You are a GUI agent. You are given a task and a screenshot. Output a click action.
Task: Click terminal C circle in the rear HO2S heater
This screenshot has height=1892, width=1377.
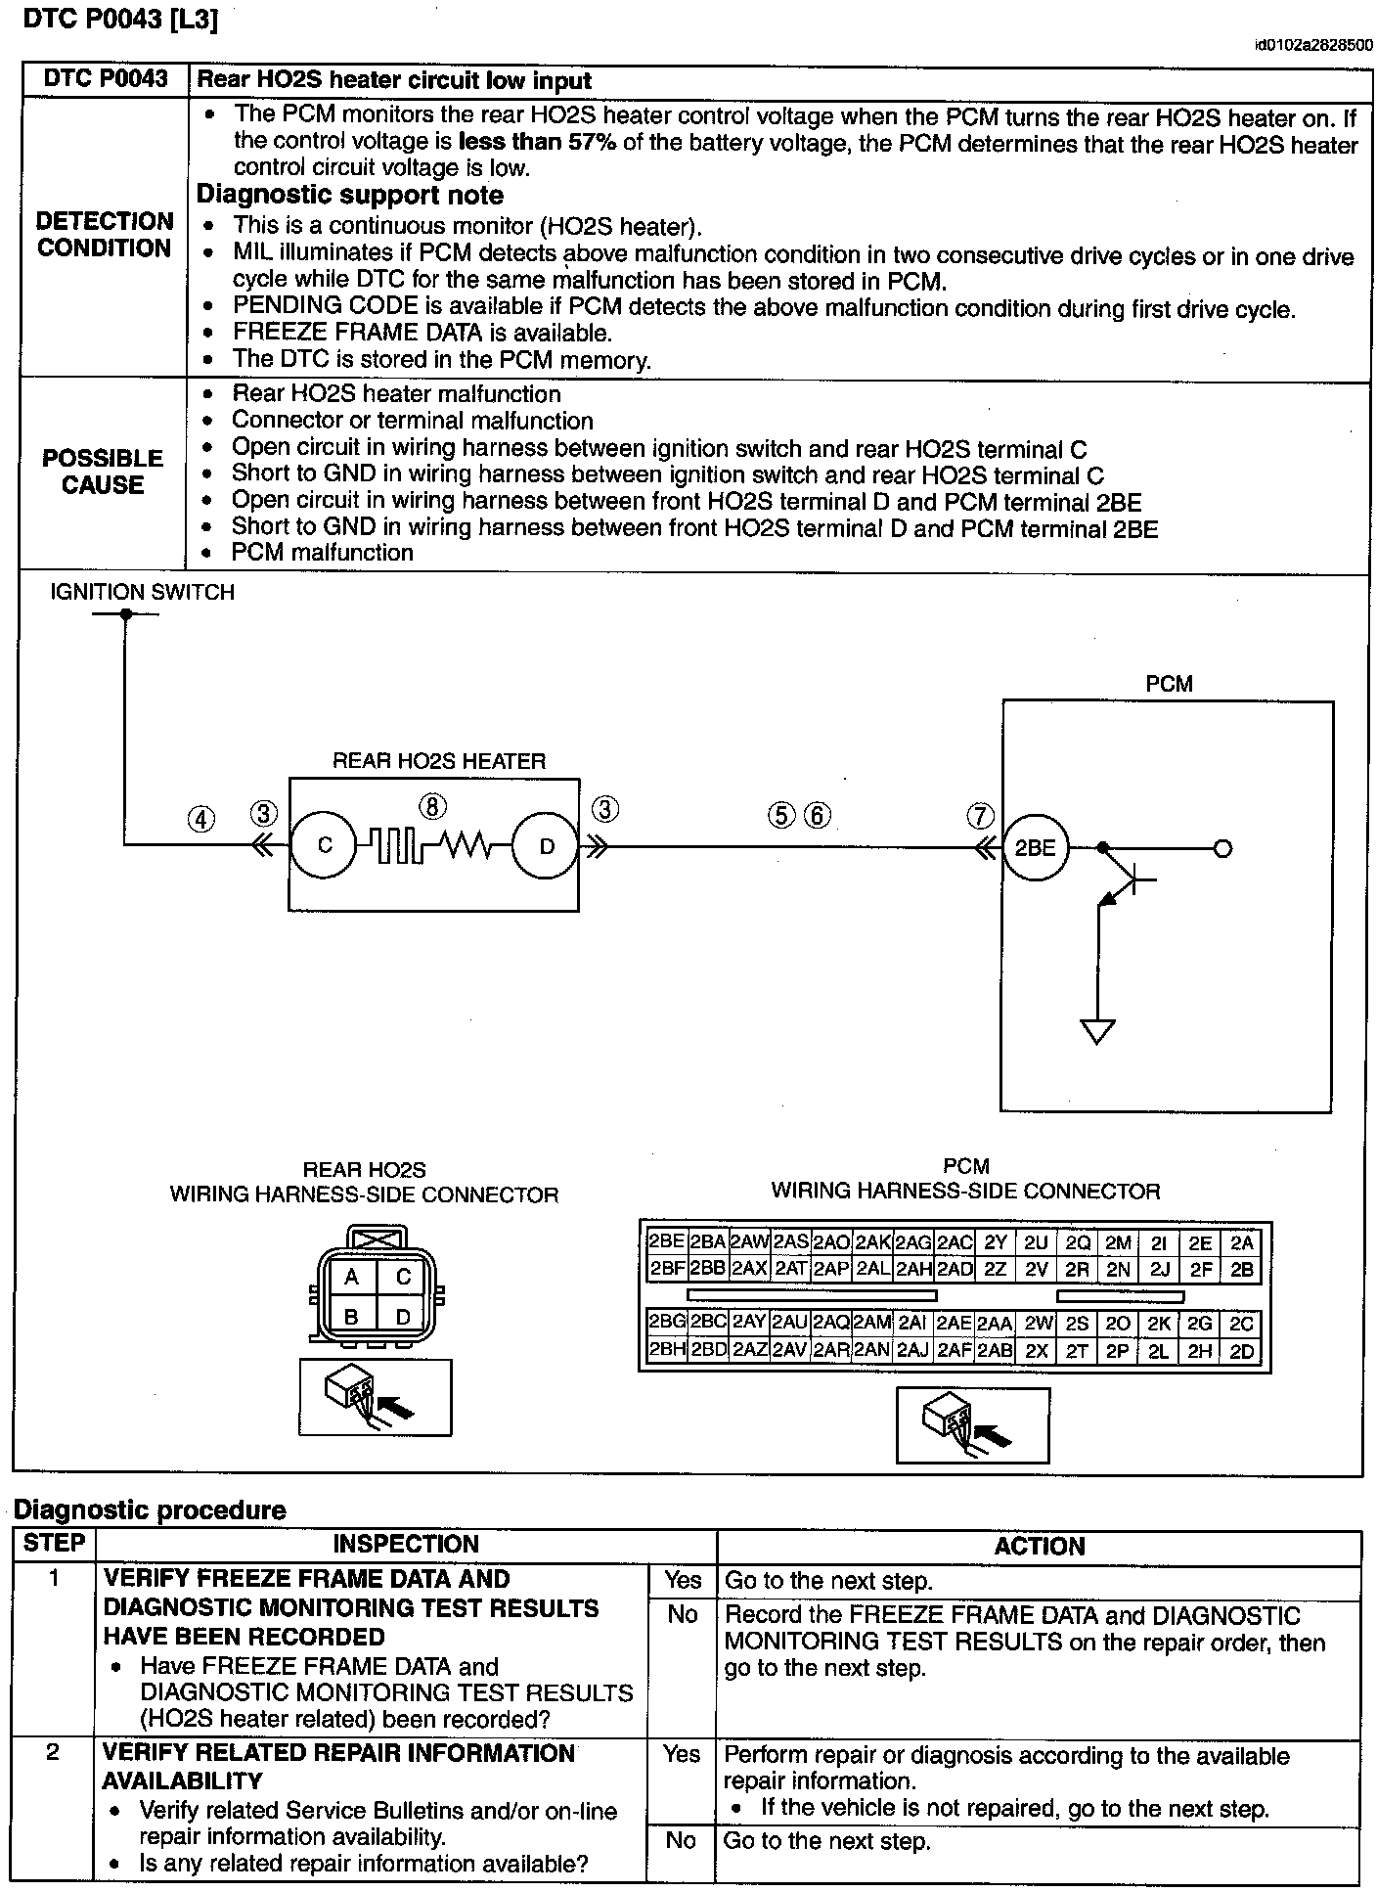click(325, 845)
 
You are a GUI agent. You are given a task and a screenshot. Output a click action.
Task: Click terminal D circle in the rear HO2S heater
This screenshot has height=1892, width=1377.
click(546, 846)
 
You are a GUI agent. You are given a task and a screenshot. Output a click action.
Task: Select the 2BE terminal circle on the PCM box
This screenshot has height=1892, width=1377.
click(1035, 847)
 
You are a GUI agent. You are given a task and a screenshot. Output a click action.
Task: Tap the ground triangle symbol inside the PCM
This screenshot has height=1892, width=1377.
click(1097, 1031)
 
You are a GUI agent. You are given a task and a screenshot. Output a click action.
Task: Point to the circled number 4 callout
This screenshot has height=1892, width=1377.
click(200, 819)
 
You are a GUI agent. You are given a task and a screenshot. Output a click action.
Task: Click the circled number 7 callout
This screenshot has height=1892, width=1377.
click(980, 816)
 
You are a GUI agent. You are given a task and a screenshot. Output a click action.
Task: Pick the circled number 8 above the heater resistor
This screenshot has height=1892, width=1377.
click(432, 806)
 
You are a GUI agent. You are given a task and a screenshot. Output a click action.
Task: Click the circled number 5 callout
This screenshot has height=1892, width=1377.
click(781, 815)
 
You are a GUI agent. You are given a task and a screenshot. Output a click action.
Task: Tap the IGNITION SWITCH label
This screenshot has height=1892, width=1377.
click(143, 592)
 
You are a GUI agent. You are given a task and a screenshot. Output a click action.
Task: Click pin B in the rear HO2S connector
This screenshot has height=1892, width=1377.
click(351, 1317)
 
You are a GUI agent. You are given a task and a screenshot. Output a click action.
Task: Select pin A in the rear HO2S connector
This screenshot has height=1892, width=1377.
click(351, 1277)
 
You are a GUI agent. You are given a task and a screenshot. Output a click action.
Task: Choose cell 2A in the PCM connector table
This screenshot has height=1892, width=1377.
click(1241, 1242)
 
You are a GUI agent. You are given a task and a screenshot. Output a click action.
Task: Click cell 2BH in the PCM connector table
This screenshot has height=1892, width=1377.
click(666, 1351)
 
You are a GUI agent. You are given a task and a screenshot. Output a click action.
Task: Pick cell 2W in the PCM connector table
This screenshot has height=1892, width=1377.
click(1038, 1324)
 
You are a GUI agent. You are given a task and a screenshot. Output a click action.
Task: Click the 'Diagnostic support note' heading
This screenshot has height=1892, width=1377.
click(350, 195)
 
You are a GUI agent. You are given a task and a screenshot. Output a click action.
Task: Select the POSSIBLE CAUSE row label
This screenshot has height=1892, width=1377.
click(103, 472)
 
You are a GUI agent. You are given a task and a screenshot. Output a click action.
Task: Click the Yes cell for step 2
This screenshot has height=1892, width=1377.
click(682, 1754)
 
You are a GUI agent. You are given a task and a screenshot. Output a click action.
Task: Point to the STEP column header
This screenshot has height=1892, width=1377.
click(55, 1544)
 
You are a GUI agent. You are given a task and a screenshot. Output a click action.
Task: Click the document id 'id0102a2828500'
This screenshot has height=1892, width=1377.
click(1313, 45)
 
